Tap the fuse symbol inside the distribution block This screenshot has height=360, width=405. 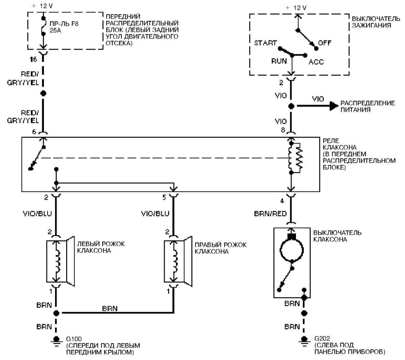pyautogui.click(x=43, y=26)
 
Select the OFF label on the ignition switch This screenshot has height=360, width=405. pyautogui.click(x=325, y=43)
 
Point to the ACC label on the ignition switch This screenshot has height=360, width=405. pyautogui.click(x=316, y=62)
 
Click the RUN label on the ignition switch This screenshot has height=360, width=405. pyautogui.click(x=279, y=61)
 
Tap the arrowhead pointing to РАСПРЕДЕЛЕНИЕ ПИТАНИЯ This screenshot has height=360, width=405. pyautogui.click(x=333, y=106)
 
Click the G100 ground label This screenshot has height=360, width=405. pyautogui.click(x=74, y=339)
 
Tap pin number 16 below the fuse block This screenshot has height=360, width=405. pyautogui.click(x=33, y=59)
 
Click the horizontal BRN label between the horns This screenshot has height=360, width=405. pyautogui.click(x=110, y=308)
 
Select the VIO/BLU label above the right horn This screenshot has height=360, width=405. pyautogui.click(x=155, y=213)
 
